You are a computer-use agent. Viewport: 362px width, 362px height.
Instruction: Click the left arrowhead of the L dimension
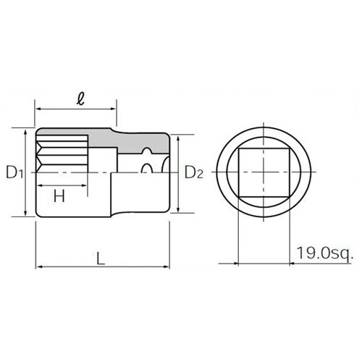pos(38,269)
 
